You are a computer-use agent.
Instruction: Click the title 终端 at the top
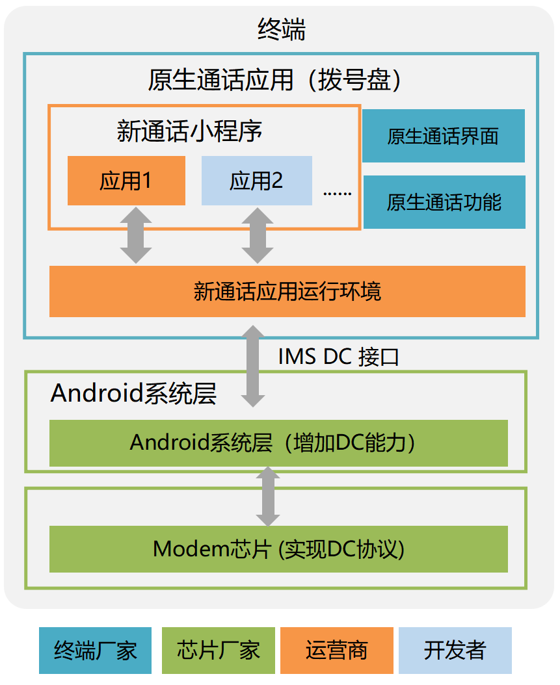pos(281,30)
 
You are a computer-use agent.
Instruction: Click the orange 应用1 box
pos(126,181)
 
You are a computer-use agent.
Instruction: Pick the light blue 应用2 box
pos(256,181)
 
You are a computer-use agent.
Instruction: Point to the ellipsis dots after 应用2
pos(337,192)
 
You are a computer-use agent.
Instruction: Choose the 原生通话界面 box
pos(443,136)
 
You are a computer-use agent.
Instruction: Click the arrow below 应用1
pos(136,235)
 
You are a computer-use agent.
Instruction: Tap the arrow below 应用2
pos(258,235)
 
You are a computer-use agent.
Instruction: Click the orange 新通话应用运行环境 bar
pos(287,291)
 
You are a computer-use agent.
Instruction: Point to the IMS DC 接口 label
pos(338,357)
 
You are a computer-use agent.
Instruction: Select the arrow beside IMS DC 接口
pos(253,367)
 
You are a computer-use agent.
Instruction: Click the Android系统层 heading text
pos(133,394)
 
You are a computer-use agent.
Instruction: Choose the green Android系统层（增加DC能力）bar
pos(278,443)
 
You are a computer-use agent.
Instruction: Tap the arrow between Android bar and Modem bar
pos(267,497)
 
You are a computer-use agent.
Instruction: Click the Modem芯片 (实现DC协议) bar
pos(278,549)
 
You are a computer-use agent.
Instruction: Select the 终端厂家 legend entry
pos(95,650)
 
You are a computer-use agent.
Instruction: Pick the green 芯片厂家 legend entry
pos(218,650)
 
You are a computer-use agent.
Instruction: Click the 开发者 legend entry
pos(455,650)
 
